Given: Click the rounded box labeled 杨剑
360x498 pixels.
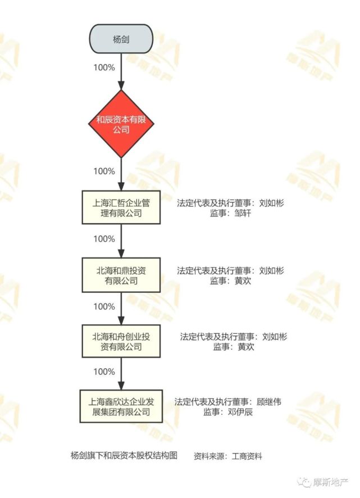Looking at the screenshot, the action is (x=121, y=39).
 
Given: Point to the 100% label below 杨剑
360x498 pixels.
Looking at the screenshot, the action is (x=104, y=67).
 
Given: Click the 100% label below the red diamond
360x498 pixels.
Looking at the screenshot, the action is (x=104, y=171).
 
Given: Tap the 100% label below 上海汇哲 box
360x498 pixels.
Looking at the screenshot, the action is (x=104, y=239).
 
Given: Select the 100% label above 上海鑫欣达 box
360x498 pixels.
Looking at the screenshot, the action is (x=104, y=372).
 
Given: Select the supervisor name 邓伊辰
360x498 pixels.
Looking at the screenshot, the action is (x=240, y=413).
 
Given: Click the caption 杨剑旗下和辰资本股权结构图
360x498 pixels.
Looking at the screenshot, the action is (x=124, y=456).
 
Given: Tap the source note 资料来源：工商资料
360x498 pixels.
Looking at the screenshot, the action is (x=228, y=456).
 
